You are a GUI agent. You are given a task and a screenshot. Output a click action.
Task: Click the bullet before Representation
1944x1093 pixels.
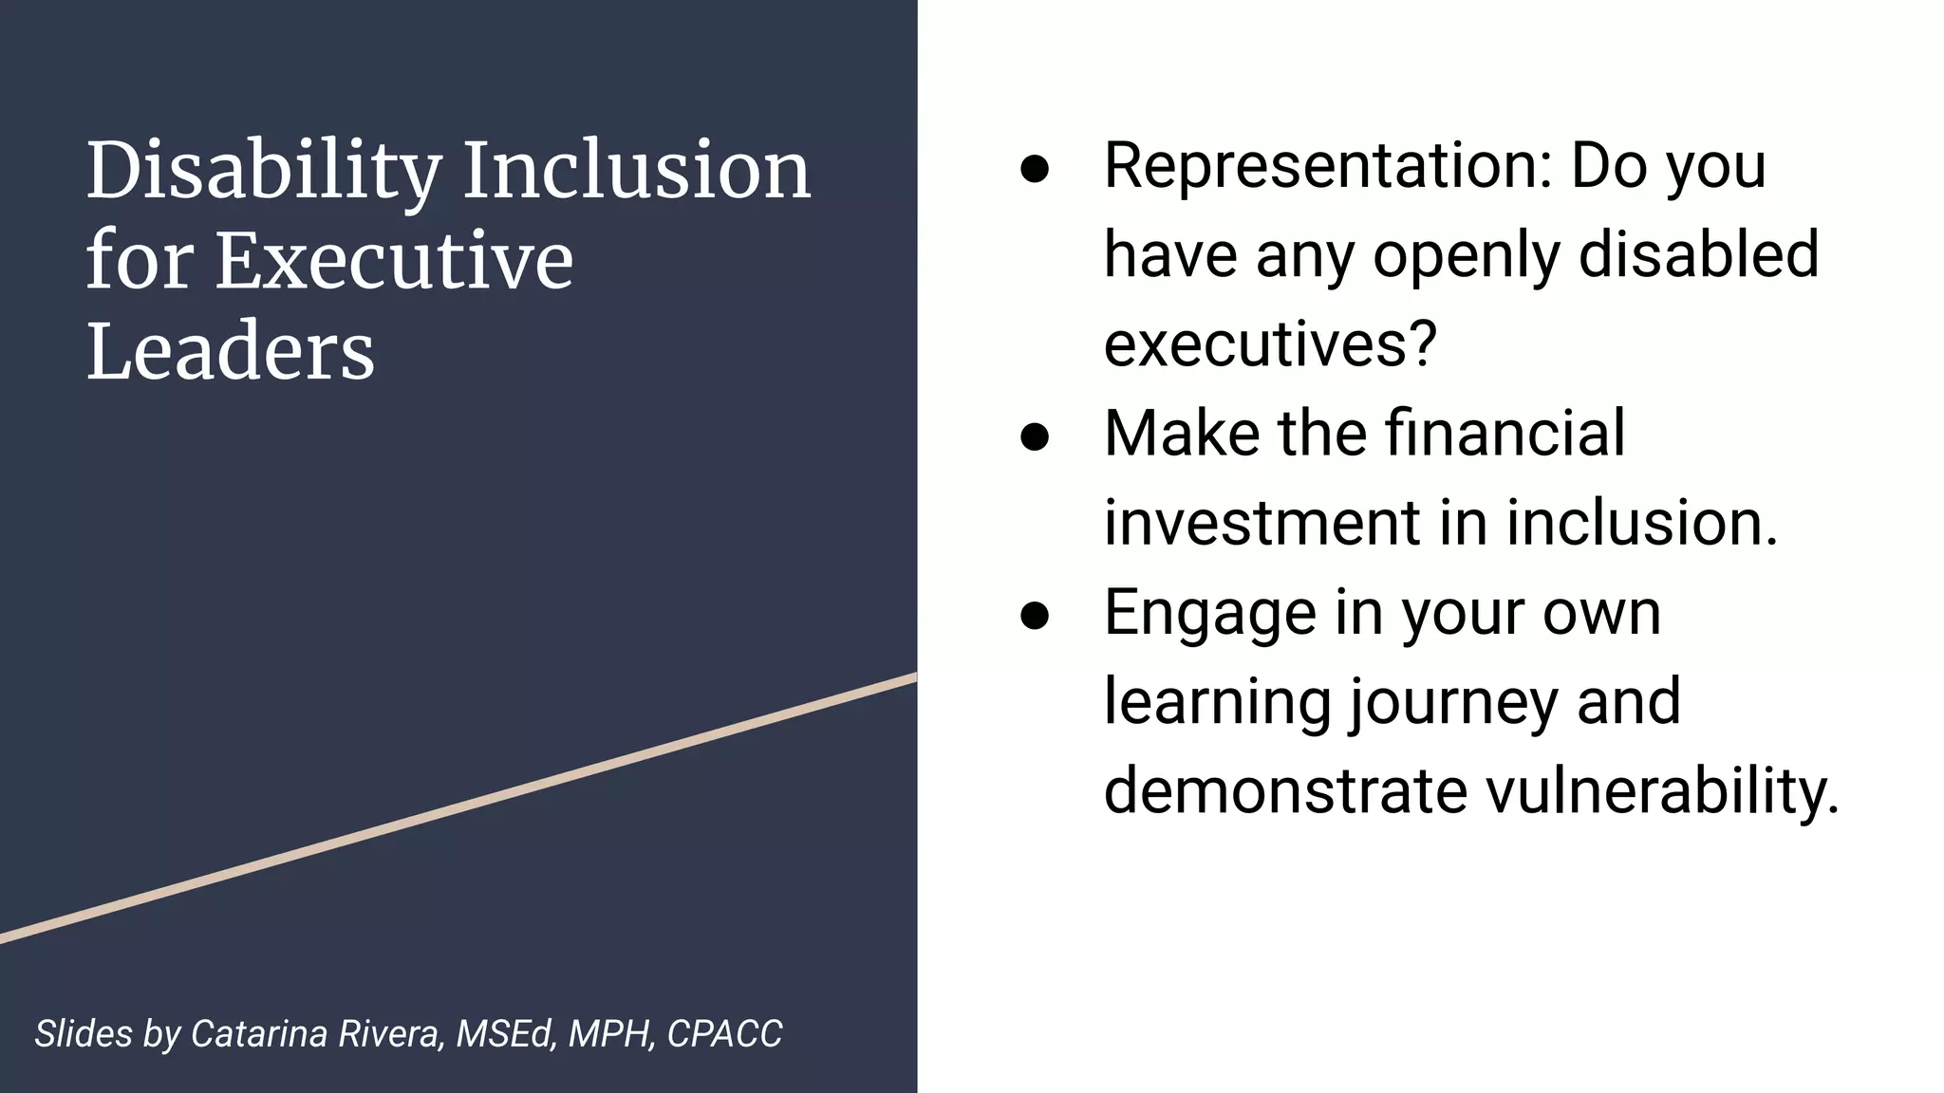point(1035,169)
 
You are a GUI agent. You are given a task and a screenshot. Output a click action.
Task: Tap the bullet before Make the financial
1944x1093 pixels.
point(1035,436)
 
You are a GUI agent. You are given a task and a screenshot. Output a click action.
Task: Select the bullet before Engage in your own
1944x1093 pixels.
point(1035,615)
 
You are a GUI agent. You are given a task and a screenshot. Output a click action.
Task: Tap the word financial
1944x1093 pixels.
point(1505,433)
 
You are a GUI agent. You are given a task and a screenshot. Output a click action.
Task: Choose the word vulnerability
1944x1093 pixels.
point(1662,790)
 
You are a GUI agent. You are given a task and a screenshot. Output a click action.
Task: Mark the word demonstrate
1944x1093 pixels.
point(1285,792)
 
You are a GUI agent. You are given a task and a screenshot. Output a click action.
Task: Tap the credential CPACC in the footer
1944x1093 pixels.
point(724,1033)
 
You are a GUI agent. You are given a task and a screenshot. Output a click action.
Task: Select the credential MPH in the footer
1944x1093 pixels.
point(611,1033)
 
